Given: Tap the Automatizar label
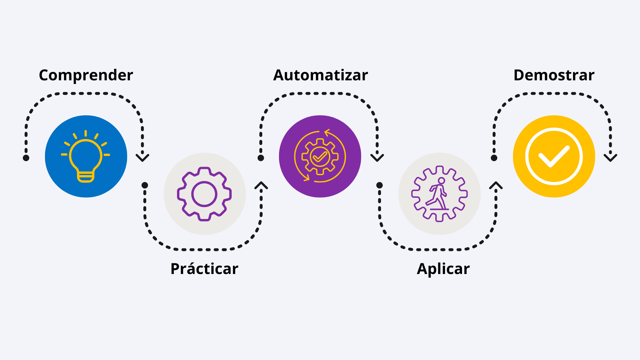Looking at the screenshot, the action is tap(321, 75).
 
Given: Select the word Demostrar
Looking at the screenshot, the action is tap(554, 75).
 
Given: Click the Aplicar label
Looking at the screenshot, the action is tap(443, 269).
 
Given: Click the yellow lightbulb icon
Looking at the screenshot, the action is tap(86, 156).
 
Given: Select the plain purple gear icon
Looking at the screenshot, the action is tap(204, 194).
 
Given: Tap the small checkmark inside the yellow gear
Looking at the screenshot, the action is tap(320, 156).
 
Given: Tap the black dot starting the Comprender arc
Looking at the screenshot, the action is tap(26, 158).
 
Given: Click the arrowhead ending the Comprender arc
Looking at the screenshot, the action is tap(142, 158).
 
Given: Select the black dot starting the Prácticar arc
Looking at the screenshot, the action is tap(145, 185).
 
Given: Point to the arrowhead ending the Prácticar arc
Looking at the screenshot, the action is tap(261, 185).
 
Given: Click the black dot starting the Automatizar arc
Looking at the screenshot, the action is tap(261, 158).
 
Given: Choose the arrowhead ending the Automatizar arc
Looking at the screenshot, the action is tap(377, 158).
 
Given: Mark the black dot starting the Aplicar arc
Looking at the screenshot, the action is tap(379, 185).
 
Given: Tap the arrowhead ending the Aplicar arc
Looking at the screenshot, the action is tap(496, 185).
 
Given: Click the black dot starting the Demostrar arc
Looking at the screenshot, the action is tap(494, 158).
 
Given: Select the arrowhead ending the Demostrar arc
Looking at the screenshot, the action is tap(610, 158).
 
